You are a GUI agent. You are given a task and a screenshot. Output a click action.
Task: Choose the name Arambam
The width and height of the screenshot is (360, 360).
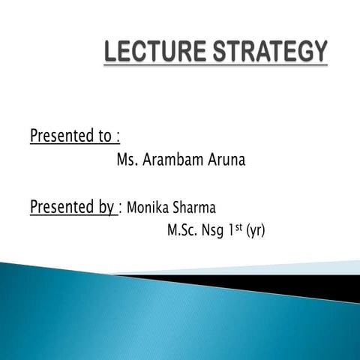(170, 160)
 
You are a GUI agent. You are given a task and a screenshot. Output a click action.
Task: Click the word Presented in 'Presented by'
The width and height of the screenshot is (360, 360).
(62, 206)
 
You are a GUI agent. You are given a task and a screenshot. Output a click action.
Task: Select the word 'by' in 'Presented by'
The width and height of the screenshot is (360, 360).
(106, 207)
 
